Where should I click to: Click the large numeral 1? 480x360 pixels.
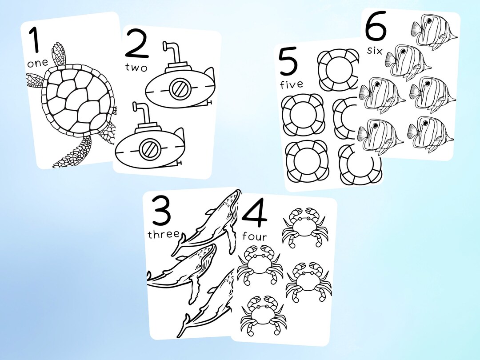point(35,41)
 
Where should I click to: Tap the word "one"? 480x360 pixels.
point(37,63)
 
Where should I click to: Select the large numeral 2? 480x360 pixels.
point(136,44)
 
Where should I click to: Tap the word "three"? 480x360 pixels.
point(164,234)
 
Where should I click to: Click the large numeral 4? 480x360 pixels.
point(255,216)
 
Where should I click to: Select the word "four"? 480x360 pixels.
point(255,236)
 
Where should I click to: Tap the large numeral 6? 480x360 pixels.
point(376,28)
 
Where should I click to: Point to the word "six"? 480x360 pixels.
point(375,50)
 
